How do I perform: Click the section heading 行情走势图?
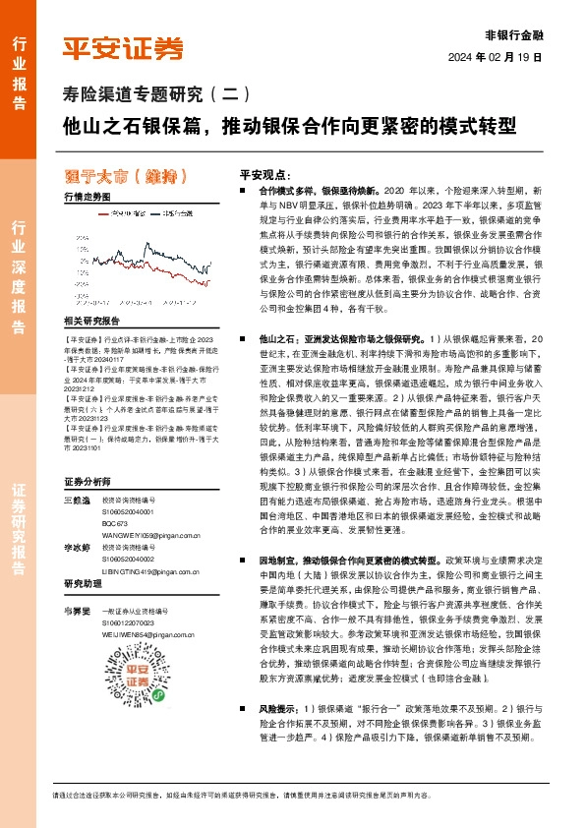click(87, 197)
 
